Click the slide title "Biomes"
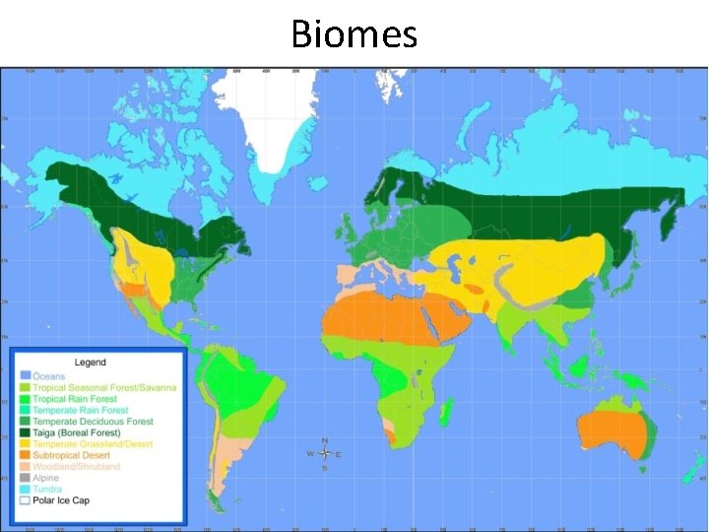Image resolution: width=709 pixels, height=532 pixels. (354, 34)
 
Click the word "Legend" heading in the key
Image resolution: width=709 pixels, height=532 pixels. (91, 363)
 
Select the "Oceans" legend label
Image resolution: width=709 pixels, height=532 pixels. (49, 376)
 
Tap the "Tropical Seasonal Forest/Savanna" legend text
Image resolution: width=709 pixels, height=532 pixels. (104, 387)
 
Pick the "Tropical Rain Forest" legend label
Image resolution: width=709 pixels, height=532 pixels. (75, 399)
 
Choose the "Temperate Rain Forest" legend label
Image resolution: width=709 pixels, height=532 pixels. (80, 410)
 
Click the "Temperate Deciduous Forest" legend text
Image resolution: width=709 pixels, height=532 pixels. (93, 422)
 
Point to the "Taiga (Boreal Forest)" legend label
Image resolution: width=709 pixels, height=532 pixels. (77, 432)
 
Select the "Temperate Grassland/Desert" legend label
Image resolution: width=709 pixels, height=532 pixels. (93, 444)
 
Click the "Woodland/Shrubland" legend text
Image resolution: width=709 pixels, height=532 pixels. (76, 467)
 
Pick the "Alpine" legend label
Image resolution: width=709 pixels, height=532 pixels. (46, 478)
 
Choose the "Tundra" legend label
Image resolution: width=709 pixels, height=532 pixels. (47, 489)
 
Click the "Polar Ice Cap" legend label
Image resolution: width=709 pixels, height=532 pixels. (62, 500)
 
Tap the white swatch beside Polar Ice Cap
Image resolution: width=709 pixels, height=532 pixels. (24, 500)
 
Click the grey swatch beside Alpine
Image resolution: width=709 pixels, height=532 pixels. (24, 478)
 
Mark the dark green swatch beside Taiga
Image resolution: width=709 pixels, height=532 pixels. (24, 432)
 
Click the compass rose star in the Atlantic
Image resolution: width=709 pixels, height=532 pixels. (324, 454)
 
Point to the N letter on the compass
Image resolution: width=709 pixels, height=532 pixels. (324, 439)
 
